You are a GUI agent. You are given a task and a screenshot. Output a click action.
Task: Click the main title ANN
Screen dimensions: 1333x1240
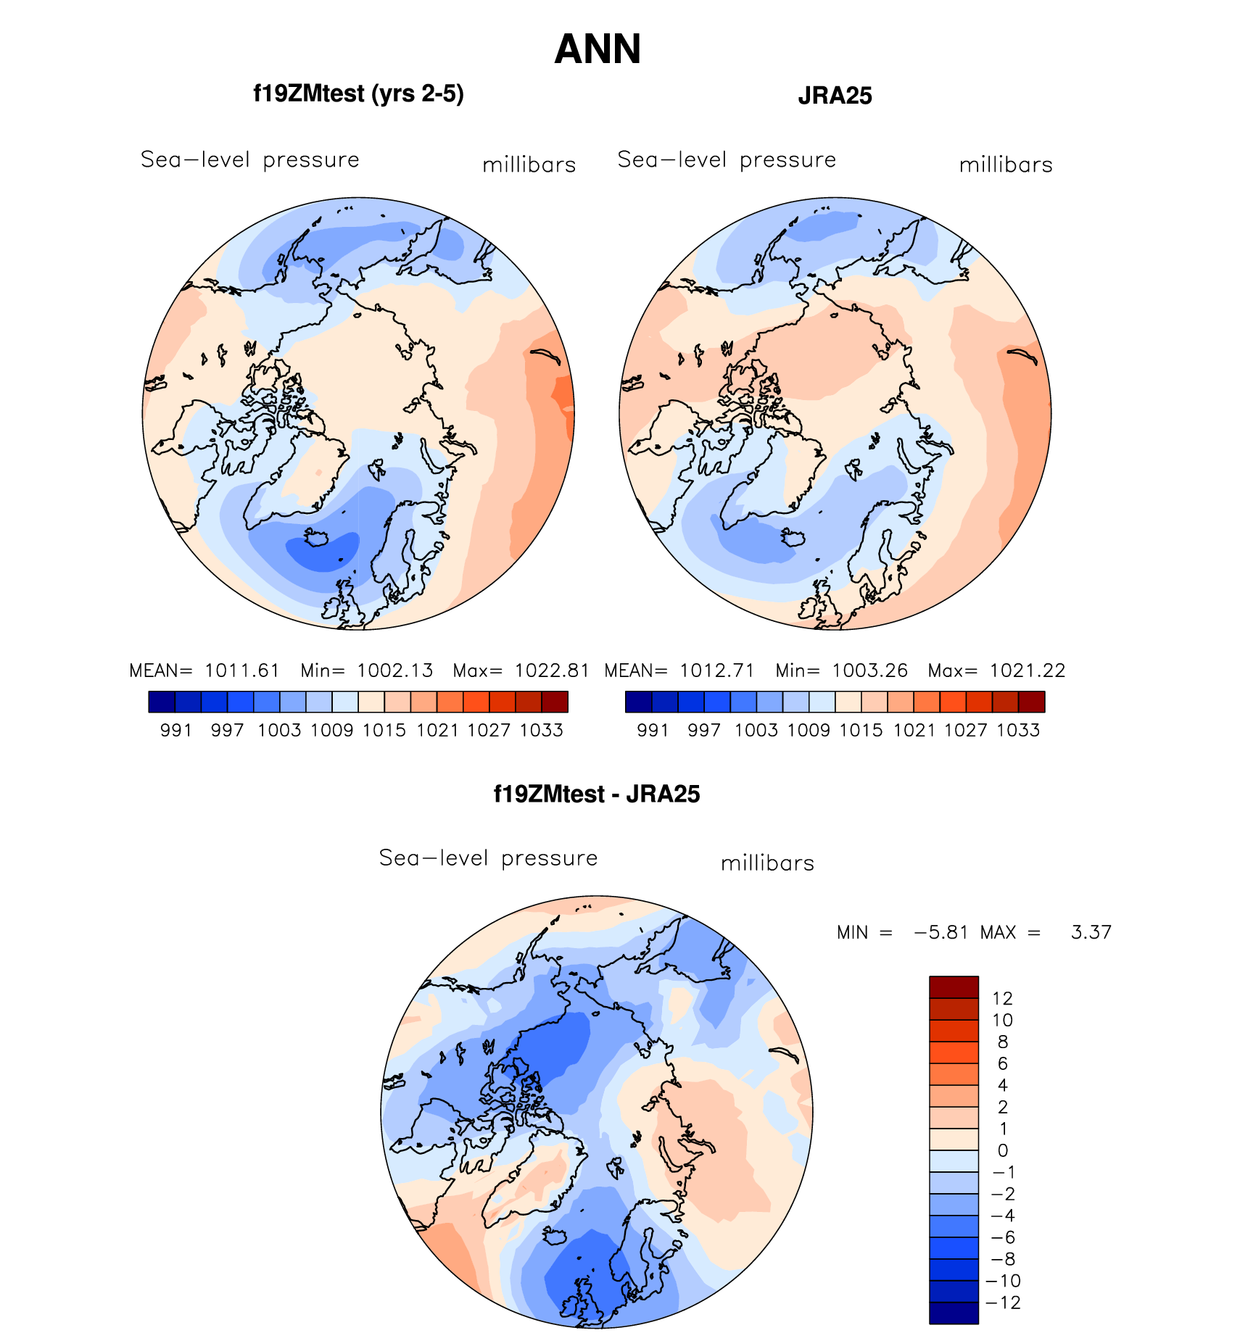tap(598, 49)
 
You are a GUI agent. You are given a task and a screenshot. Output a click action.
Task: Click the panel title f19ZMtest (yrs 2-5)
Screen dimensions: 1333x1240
tap(358, 94)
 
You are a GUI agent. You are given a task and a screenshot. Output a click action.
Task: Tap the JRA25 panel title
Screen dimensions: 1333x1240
tap(835, 96)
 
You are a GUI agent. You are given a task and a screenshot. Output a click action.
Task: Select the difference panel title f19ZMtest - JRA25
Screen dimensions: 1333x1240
tap(597, 794)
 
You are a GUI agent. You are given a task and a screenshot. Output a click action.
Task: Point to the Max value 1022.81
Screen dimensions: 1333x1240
tap(552, 670)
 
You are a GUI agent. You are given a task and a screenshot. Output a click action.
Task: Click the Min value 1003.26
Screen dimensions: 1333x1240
tap(869, 670)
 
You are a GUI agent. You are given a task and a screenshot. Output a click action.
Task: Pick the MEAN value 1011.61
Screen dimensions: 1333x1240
tap(241, 670)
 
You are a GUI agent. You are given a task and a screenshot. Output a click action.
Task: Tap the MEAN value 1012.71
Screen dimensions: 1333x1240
tap(716, 670)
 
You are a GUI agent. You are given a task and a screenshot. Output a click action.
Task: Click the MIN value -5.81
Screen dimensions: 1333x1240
tap(941, 932)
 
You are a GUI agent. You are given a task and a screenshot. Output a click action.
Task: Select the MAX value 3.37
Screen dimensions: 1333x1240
tap(1091, 932)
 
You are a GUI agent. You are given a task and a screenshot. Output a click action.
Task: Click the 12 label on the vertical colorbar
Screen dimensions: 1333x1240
tap(1002, 998)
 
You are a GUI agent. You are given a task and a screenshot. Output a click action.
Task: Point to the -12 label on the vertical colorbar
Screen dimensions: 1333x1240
tap(1003, 1303)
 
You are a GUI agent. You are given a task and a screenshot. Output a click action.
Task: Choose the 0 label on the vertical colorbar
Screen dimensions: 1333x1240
tap(1002, 1150)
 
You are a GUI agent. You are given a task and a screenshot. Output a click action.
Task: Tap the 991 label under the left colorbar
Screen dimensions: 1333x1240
tap(175, 731)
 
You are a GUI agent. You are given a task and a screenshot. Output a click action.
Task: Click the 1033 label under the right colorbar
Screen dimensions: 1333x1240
tap(1018, 731)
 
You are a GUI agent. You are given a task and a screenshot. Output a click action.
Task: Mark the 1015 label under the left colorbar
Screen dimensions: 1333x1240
tap(384, 731)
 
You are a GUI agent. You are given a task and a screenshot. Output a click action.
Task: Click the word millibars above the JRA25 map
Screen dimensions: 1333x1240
tap(1006, 165)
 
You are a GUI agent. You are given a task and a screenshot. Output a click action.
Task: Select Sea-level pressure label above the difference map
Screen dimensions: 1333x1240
tap(488, 858)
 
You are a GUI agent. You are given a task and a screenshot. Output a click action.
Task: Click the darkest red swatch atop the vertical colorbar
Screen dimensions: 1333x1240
tap(954, 987)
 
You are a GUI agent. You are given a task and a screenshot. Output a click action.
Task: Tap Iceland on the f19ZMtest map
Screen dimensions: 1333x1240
tap(317, 538)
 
